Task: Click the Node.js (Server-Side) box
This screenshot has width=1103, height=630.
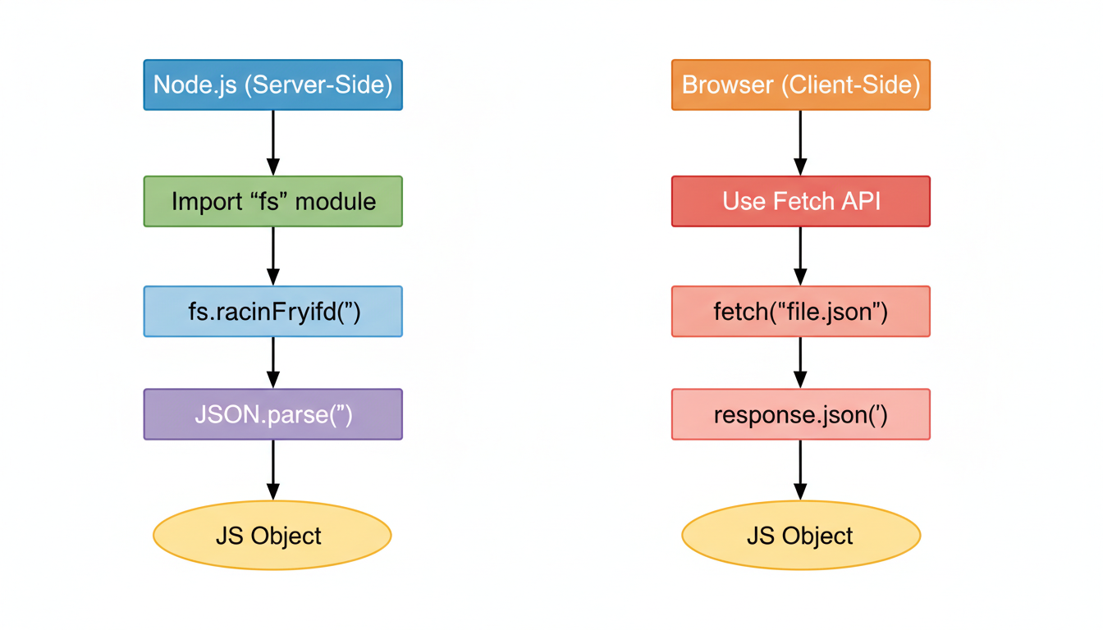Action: point(272,84)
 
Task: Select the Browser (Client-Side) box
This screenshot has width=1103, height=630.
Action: point(800,84)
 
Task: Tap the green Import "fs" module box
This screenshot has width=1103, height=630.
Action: point(272,201)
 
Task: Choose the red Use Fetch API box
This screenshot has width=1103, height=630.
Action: point(800,201)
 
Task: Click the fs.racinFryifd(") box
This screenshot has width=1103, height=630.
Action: point(272,312)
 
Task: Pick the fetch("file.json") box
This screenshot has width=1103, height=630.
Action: point(800,312)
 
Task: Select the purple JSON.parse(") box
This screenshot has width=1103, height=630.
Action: point(272,414)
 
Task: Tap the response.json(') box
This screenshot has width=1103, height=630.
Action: point(800,414)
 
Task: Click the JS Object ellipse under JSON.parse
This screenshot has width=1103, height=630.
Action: point(272,536)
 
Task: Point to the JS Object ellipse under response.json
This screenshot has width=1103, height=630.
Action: point(800,536)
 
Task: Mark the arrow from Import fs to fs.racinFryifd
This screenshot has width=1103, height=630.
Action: point(272,256)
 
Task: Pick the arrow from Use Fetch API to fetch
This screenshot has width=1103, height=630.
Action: point(800,256)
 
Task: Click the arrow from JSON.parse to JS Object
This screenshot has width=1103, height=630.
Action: point(272,469)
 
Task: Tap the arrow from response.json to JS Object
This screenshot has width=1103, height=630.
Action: point(800,469)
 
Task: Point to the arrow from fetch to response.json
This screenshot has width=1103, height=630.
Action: point(800,363)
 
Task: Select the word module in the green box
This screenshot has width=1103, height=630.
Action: point(336,201)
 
